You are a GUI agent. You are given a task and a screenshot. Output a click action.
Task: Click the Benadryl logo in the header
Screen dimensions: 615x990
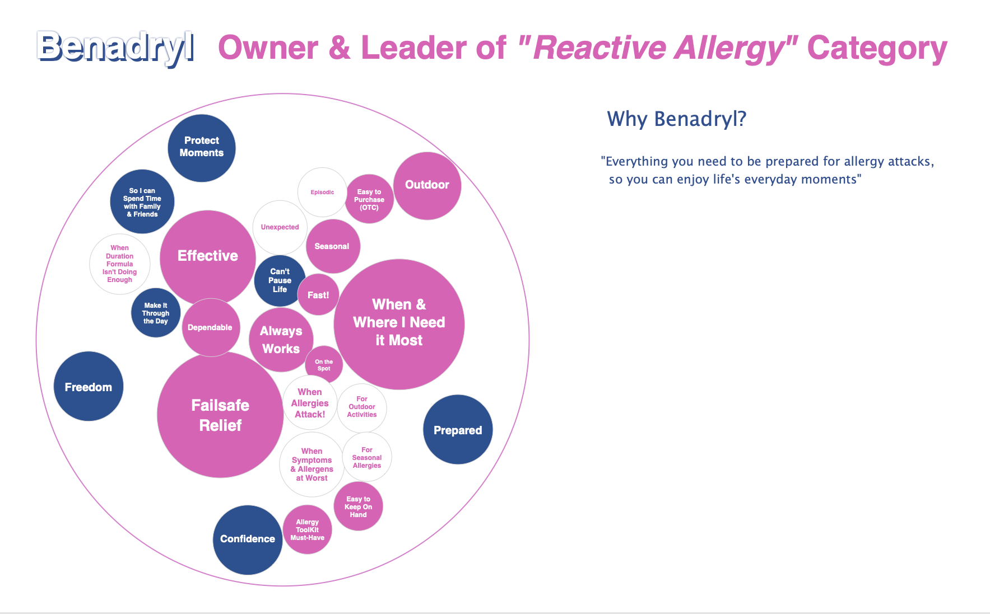click(115, 47)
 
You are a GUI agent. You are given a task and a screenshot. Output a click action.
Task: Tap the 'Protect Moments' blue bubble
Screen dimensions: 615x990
click(202, 148)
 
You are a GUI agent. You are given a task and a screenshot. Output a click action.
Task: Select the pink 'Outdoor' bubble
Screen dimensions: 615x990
click(427, 185)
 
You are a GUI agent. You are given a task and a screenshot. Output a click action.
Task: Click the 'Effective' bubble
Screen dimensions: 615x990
click(207, 256)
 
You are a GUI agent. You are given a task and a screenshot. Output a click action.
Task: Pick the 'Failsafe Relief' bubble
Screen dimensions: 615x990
click(220, 415)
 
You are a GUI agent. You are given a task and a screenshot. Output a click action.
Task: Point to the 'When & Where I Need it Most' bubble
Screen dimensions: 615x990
click(399, 323)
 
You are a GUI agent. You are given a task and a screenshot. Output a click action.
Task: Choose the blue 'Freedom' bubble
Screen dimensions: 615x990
click(89, 387)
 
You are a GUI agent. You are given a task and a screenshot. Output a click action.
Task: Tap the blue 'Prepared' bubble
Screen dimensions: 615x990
click(458, 430)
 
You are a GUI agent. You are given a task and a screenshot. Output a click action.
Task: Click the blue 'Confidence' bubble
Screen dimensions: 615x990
click(247, 539)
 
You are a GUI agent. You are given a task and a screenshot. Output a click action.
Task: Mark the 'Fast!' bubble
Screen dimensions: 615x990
click(318, 295)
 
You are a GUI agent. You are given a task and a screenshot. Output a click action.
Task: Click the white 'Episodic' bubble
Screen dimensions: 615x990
click(322, 192)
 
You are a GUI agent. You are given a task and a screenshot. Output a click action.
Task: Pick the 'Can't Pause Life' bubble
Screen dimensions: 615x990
click(280, 280)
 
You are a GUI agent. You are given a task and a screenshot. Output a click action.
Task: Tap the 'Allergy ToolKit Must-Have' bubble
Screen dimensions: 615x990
click(307, 530)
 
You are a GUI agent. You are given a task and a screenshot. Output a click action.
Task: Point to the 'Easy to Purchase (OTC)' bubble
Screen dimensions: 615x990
click(369, 199)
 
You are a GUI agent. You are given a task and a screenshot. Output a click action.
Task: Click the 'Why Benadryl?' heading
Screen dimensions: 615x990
click(676, 119)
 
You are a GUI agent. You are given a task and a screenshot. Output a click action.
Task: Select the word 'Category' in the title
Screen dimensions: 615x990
click(877, 49)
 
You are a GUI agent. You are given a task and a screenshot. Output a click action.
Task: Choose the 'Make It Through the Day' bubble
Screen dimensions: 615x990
click(156, 313)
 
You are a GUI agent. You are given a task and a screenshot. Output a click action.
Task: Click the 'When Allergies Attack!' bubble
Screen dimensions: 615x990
click(310, 403)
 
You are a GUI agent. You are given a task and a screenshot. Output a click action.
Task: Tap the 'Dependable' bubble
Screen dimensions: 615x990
click(210, 327)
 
